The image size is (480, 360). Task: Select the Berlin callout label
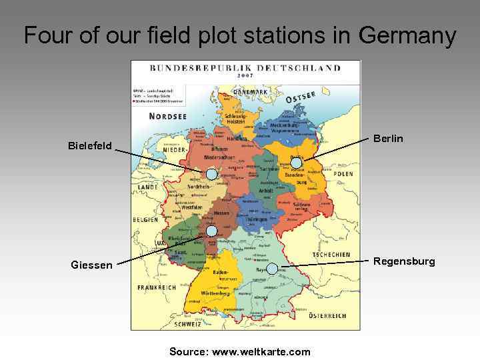pyautogui.click(x=388, y=139)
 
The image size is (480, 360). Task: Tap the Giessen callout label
pyautogui.click(x=92, y=265)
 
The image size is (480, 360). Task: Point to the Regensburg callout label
pyautogui.click(x=404, y=261)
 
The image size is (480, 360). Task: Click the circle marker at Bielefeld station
pyautogui.click(x=211, y=174)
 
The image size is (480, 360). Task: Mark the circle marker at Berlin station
pyautogui.click(x=297, y=162)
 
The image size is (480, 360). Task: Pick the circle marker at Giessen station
pyautogui.click(x=211, y=231)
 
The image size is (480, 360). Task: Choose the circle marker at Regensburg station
pyautogui.click(x=272, y=268)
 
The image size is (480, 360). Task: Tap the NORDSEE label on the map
pyautogui.click(x=167, y=116)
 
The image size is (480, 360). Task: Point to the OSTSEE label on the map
pyautogui.click(x=301, y=97)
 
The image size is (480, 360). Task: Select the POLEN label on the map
pyautogui.click(x=343, y=174)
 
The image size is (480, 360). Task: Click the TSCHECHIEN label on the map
pyautogui.click(x=331, y=255)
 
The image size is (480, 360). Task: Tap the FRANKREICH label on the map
pyautogui.click(x=157, y=287)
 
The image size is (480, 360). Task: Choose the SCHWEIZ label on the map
pyautogui.click(x=188, y=325)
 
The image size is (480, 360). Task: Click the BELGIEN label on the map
pyautogui.click(x=145, y=219)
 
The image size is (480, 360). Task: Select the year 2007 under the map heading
pyautogui.click(x=245, y=75)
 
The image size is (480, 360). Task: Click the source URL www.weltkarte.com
pyautogui.click(x=261, y=351)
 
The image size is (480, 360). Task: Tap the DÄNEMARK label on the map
pyautogui.click(x=245, y=91)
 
